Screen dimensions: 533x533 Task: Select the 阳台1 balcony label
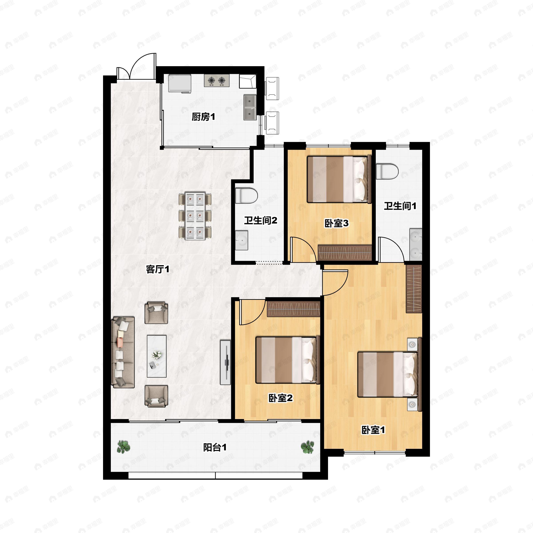(215, 447)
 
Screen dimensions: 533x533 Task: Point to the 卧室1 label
(373, 430)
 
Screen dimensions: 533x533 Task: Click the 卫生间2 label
(261, 221)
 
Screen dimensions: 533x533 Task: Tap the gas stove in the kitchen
(217, 81)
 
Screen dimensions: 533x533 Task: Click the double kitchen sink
(250, 107)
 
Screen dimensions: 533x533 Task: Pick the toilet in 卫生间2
(246, 196)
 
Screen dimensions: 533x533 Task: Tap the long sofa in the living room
(123, 352)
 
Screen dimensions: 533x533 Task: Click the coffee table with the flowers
(156, 356)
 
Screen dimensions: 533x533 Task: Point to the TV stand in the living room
(225, 362)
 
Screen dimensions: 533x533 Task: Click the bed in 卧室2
(287, 360)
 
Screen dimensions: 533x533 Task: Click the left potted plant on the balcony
(123, 447)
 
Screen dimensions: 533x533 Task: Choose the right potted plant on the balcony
(307, 447)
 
